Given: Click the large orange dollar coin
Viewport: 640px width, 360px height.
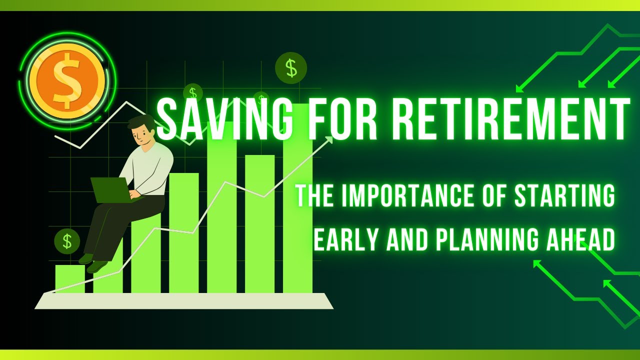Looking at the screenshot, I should pos(67,80).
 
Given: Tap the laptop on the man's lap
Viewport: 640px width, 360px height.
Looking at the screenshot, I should pos(112,190).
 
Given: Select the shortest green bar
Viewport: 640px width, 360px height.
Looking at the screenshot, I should pos(70,278).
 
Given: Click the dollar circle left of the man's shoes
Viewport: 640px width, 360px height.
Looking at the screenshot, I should pos(67,241).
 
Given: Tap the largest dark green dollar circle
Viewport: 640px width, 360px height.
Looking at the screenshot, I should pos(291,67).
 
